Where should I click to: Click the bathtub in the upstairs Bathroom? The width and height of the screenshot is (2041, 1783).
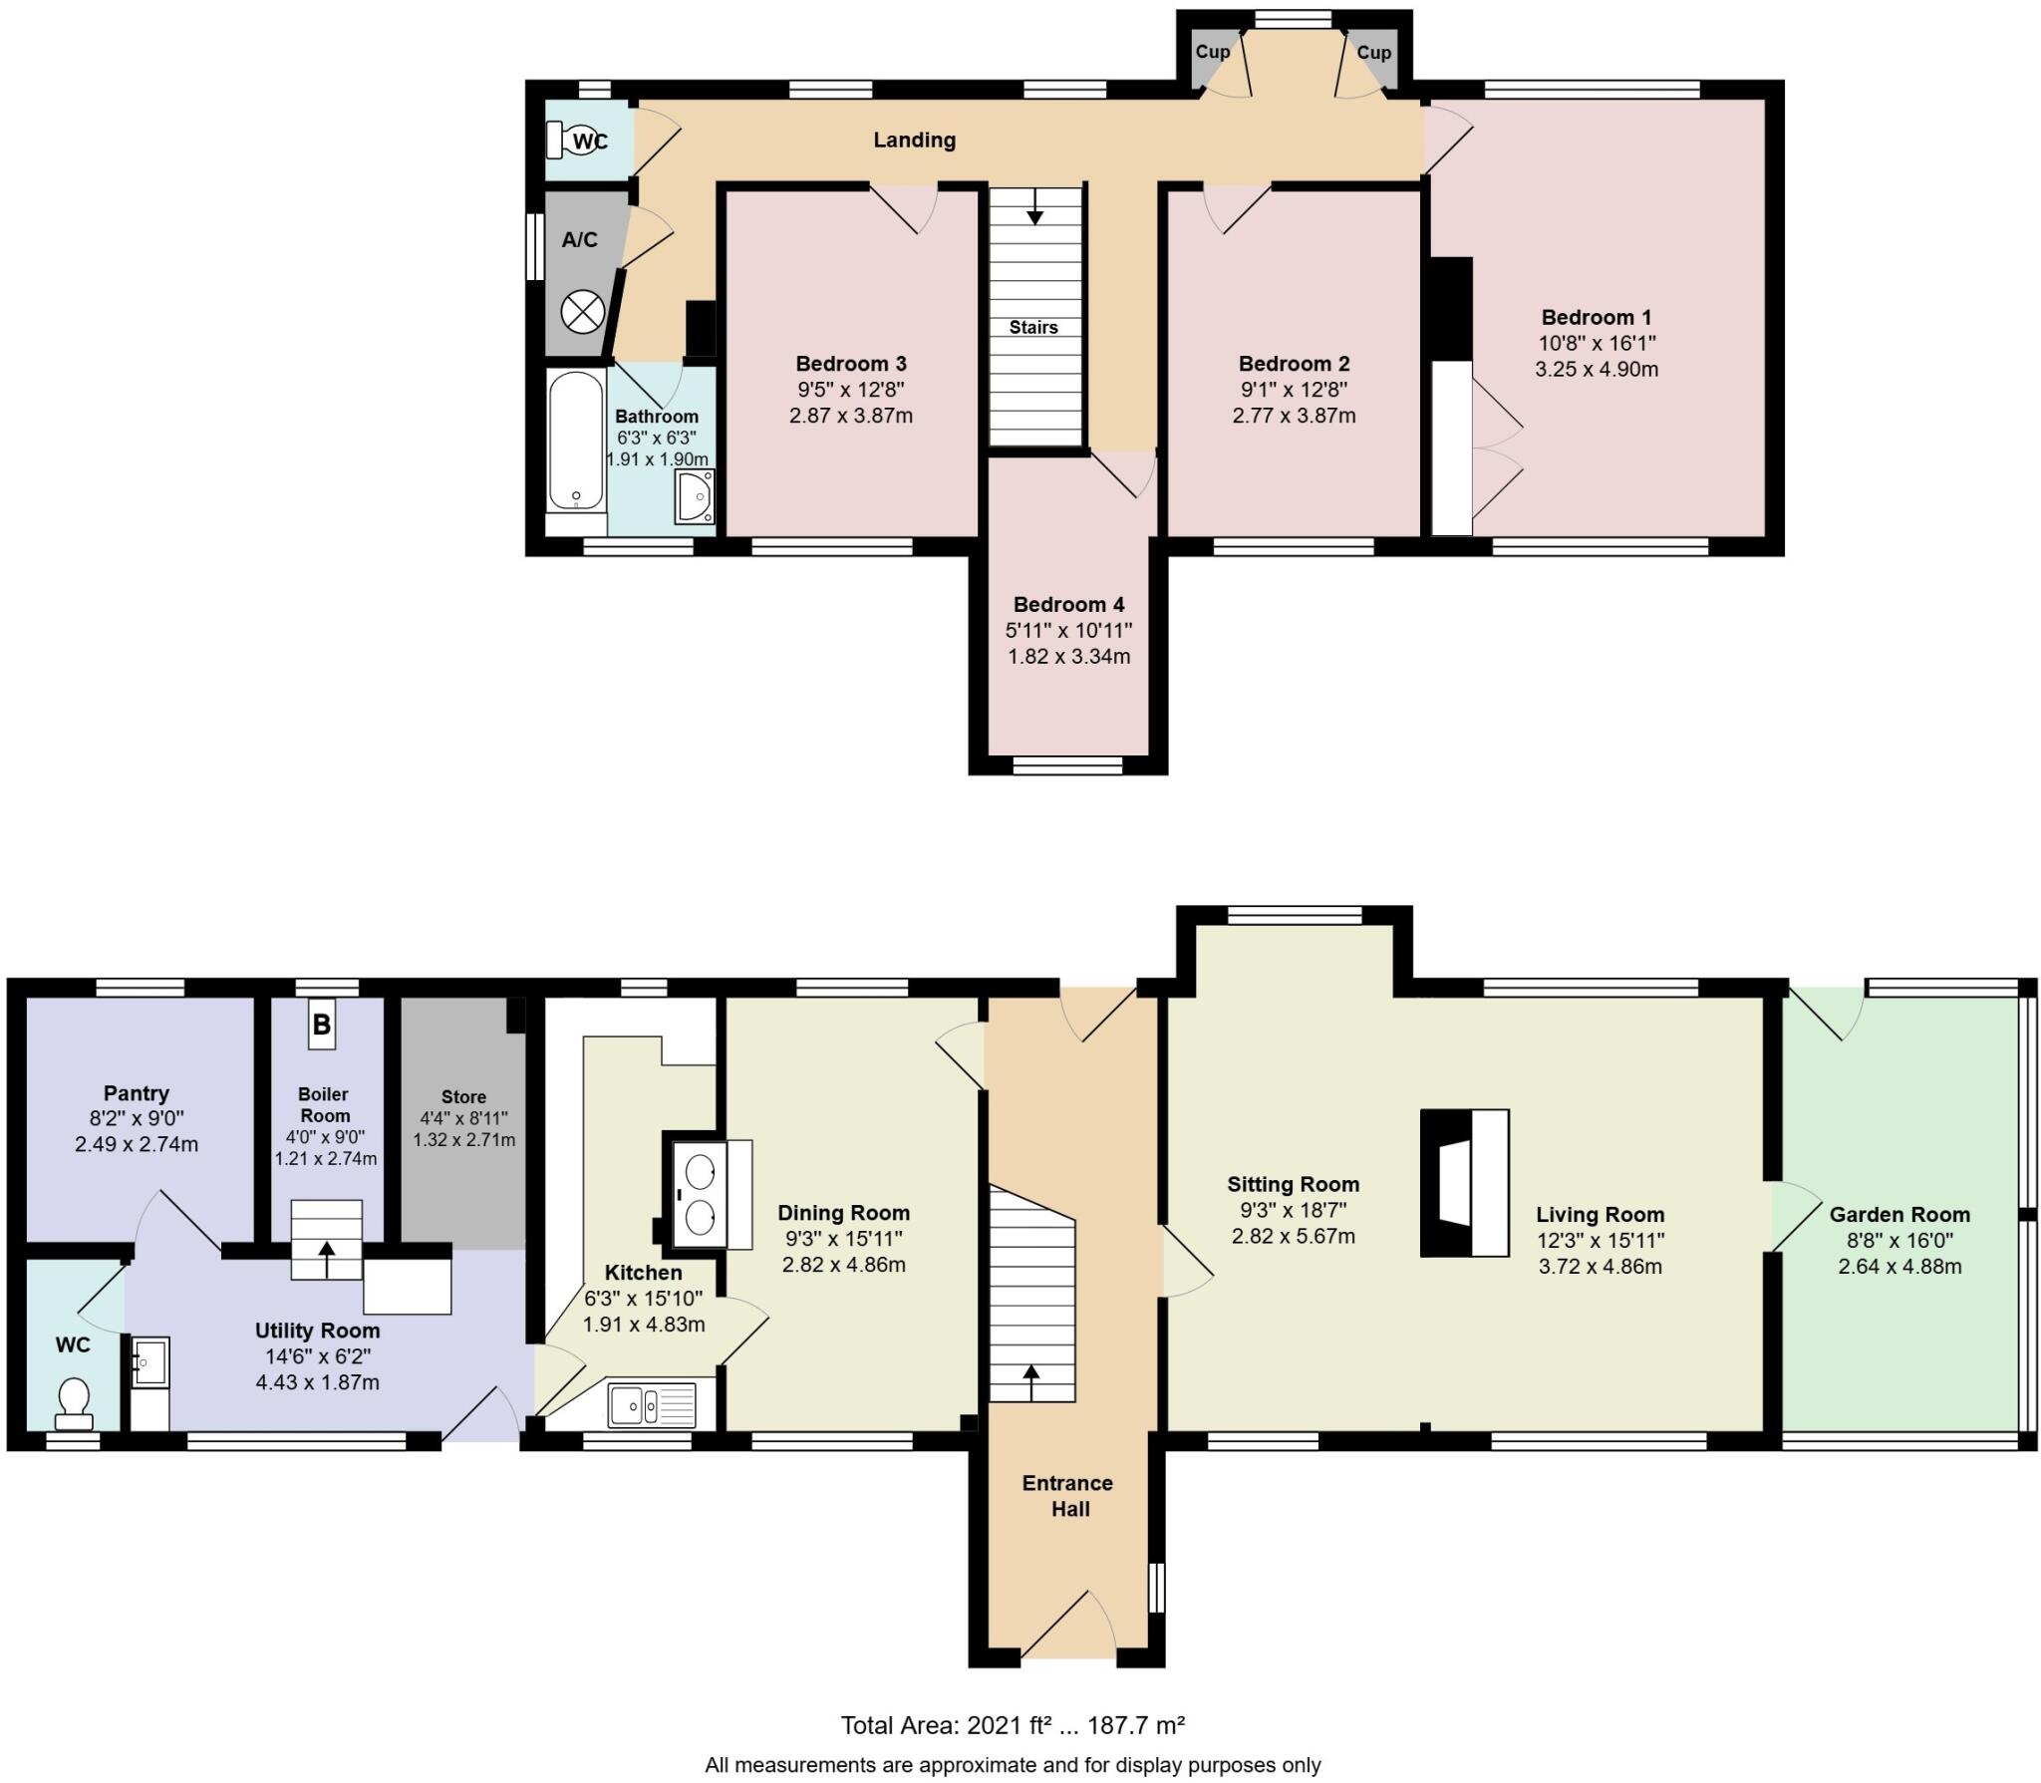[576, 442]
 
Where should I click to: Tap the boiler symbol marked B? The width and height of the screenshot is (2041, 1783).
[321, 1024]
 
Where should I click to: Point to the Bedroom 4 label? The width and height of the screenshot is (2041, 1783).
[1068, 605]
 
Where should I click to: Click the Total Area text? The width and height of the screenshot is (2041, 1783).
[1013, 1725]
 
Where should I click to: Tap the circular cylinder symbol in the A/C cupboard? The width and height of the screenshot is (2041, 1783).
[583, 313]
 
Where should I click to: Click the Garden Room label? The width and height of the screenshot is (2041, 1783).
[1899, 1215]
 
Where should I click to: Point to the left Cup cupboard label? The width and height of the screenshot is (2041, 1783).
[1212, 52]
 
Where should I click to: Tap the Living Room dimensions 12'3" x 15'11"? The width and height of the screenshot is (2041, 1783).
[1600, 1241]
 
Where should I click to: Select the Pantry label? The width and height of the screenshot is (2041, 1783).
[137, 1093]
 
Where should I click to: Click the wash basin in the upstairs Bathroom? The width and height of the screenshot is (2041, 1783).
[694, 495]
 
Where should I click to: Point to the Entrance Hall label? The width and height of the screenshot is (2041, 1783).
[1067, 1496]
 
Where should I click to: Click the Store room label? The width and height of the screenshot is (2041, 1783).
[463, 1096]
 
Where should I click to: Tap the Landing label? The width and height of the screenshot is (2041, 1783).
[914, 141]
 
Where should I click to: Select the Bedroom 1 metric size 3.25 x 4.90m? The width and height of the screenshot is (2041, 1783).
[1597, 369]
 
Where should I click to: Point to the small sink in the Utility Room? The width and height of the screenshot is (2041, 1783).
[151, 1359]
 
